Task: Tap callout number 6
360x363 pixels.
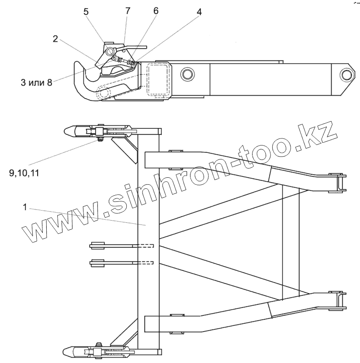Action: (156, 12)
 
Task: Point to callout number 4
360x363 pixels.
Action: (199, 12)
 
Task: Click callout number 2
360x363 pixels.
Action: (55, 38)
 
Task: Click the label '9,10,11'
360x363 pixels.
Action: (24, 173)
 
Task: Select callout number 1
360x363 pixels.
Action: (26, 208)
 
